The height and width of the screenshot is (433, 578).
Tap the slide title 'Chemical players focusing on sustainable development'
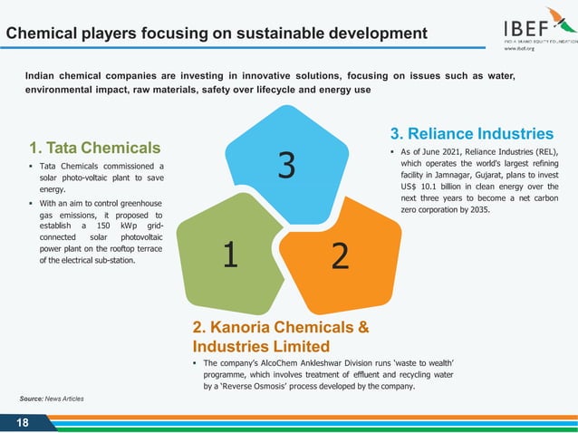(x=217, y=34)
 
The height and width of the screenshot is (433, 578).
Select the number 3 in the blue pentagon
(x=286, y=166)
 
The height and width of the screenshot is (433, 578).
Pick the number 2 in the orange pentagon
(x=340, y=256)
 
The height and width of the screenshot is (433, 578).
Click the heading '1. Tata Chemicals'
(x=94, y=148)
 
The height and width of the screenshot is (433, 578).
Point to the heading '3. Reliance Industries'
(x=471, y=133)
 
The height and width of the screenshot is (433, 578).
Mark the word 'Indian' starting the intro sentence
(x=43, y=77)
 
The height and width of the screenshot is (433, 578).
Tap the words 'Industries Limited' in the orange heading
(x=261, y=346)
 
